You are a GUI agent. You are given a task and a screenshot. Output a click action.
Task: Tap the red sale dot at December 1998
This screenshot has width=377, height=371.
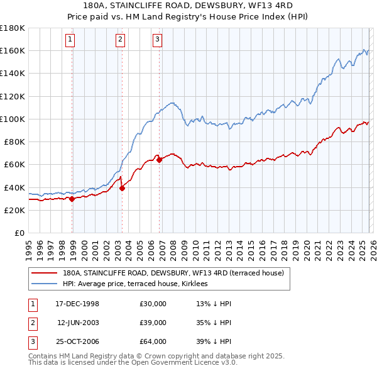point(72,199)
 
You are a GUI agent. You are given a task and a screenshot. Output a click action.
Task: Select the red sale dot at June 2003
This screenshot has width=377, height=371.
point(122,188)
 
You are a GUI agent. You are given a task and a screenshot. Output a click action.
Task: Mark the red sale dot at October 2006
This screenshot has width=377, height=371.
point(160,160)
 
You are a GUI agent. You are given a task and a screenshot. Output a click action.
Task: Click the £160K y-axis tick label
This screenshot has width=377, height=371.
point(12,50)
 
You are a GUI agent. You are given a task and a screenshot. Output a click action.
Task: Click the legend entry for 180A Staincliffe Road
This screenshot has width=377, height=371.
point(173,274)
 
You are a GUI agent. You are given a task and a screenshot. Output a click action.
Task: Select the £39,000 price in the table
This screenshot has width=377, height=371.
point(153,323)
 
